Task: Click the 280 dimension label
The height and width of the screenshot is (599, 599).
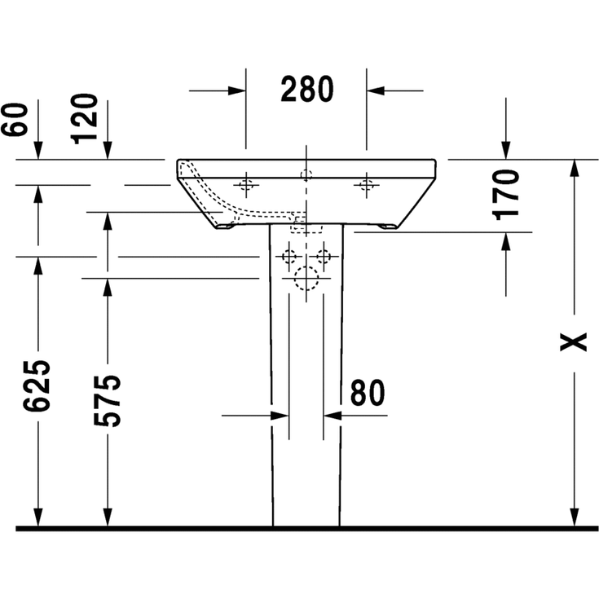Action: pyautogui.click(x=306, y=89)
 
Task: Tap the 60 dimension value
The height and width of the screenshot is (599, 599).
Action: pyautogui.click(x=15, y=119)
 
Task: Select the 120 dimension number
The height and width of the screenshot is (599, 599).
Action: pyautogui.click(x=84, y=119)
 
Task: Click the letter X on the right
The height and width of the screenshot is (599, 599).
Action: pyautogui.click(x=573, y=342)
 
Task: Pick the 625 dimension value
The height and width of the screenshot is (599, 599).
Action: pyautogui.click(x=37, y=385)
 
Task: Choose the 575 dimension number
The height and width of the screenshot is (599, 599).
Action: pyautogui.click(x=108, y=401)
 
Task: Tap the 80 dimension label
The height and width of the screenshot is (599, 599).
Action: pyautogui.click(x=367, y=393)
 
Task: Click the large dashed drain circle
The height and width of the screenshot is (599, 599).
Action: pyautogui.click(x=306, y=278)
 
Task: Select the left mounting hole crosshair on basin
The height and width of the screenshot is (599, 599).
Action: pyautogui.click(x=246, y=185)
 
